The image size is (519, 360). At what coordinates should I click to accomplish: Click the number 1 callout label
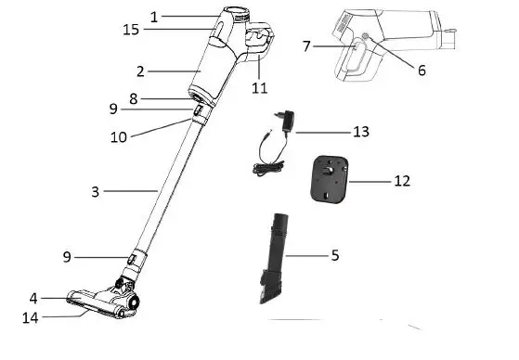pyautogui.click(x=154, y=16)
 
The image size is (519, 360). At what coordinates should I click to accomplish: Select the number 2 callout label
pyautogui.click(x=140, y=71)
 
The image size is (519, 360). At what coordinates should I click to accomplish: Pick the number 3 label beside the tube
pyautogui.click(x=95, y=192)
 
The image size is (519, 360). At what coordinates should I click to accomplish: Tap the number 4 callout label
pyautogui.click(x=33, y=299)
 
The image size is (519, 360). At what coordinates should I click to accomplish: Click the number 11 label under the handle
pyautogui.click(x=259, y=88)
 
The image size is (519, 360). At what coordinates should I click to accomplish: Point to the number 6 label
pyautogui.click(x=422, y=71)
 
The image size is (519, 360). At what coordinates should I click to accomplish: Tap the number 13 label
pyautogui.click(x=360, y=132)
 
